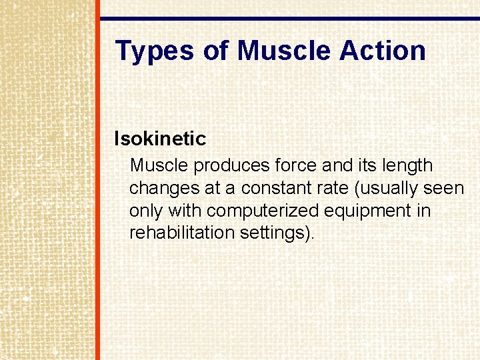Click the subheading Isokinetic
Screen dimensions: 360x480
click(160, 139)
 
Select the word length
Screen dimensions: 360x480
click(405, 165)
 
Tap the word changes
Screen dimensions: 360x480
click(164, 188)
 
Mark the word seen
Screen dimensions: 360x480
click(444, 188)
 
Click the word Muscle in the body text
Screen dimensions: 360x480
click(159, 165)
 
